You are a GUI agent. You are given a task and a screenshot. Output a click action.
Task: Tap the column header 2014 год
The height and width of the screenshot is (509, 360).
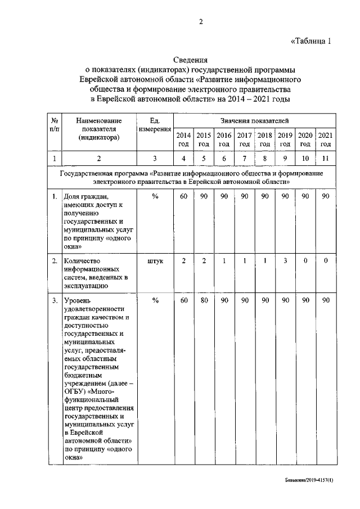[183, 139]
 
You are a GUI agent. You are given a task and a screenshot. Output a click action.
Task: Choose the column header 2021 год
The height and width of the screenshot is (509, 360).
[325, 139]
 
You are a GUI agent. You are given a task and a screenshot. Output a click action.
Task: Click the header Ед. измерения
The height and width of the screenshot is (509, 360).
[155, 125]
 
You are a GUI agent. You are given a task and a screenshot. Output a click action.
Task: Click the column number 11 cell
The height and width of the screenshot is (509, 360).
[325, 158]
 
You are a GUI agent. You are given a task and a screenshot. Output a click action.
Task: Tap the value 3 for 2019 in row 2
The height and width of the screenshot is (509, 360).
[285, 260]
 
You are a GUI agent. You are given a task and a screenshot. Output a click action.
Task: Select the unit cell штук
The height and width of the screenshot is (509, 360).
[155, 260]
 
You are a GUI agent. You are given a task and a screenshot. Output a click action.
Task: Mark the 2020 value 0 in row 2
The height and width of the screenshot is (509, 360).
[305, 260]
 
